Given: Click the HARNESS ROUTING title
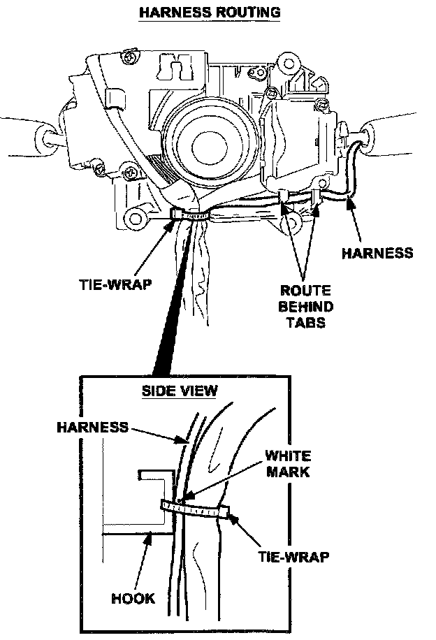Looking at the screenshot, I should pos(210,12).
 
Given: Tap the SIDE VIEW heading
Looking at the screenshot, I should pos(180,391).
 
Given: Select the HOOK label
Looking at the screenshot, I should pos(133,599).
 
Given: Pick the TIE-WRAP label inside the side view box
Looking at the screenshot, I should pos(293,557).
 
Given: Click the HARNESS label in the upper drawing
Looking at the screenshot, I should pos(377,253).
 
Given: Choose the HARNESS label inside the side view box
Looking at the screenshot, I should pos(93,426).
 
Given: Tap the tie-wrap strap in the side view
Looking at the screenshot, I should pos(196,509).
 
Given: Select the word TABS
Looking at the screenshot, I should pos(306,323).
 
